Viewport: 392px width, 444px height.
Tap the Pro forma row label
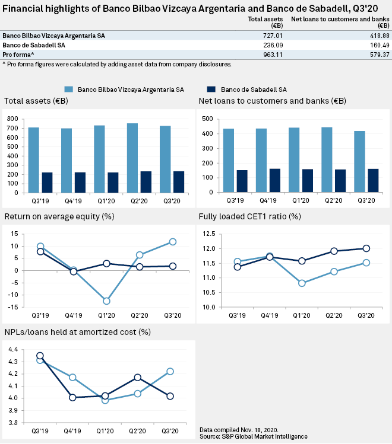tap(18, 54)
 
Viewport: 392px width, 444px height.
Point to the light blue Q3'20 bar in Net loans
tap(360, 162)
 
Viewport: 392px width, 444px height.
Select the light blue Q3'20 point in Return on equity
tap(173, 242)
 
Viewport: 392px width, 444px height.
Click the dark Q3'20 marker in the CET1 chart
tap(366, 248)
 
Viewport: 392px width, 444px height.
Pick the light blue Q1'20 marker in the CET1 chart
tap(302, 283)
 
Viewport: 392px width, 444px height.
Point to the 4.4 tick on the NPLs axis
tap(14, 349)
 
